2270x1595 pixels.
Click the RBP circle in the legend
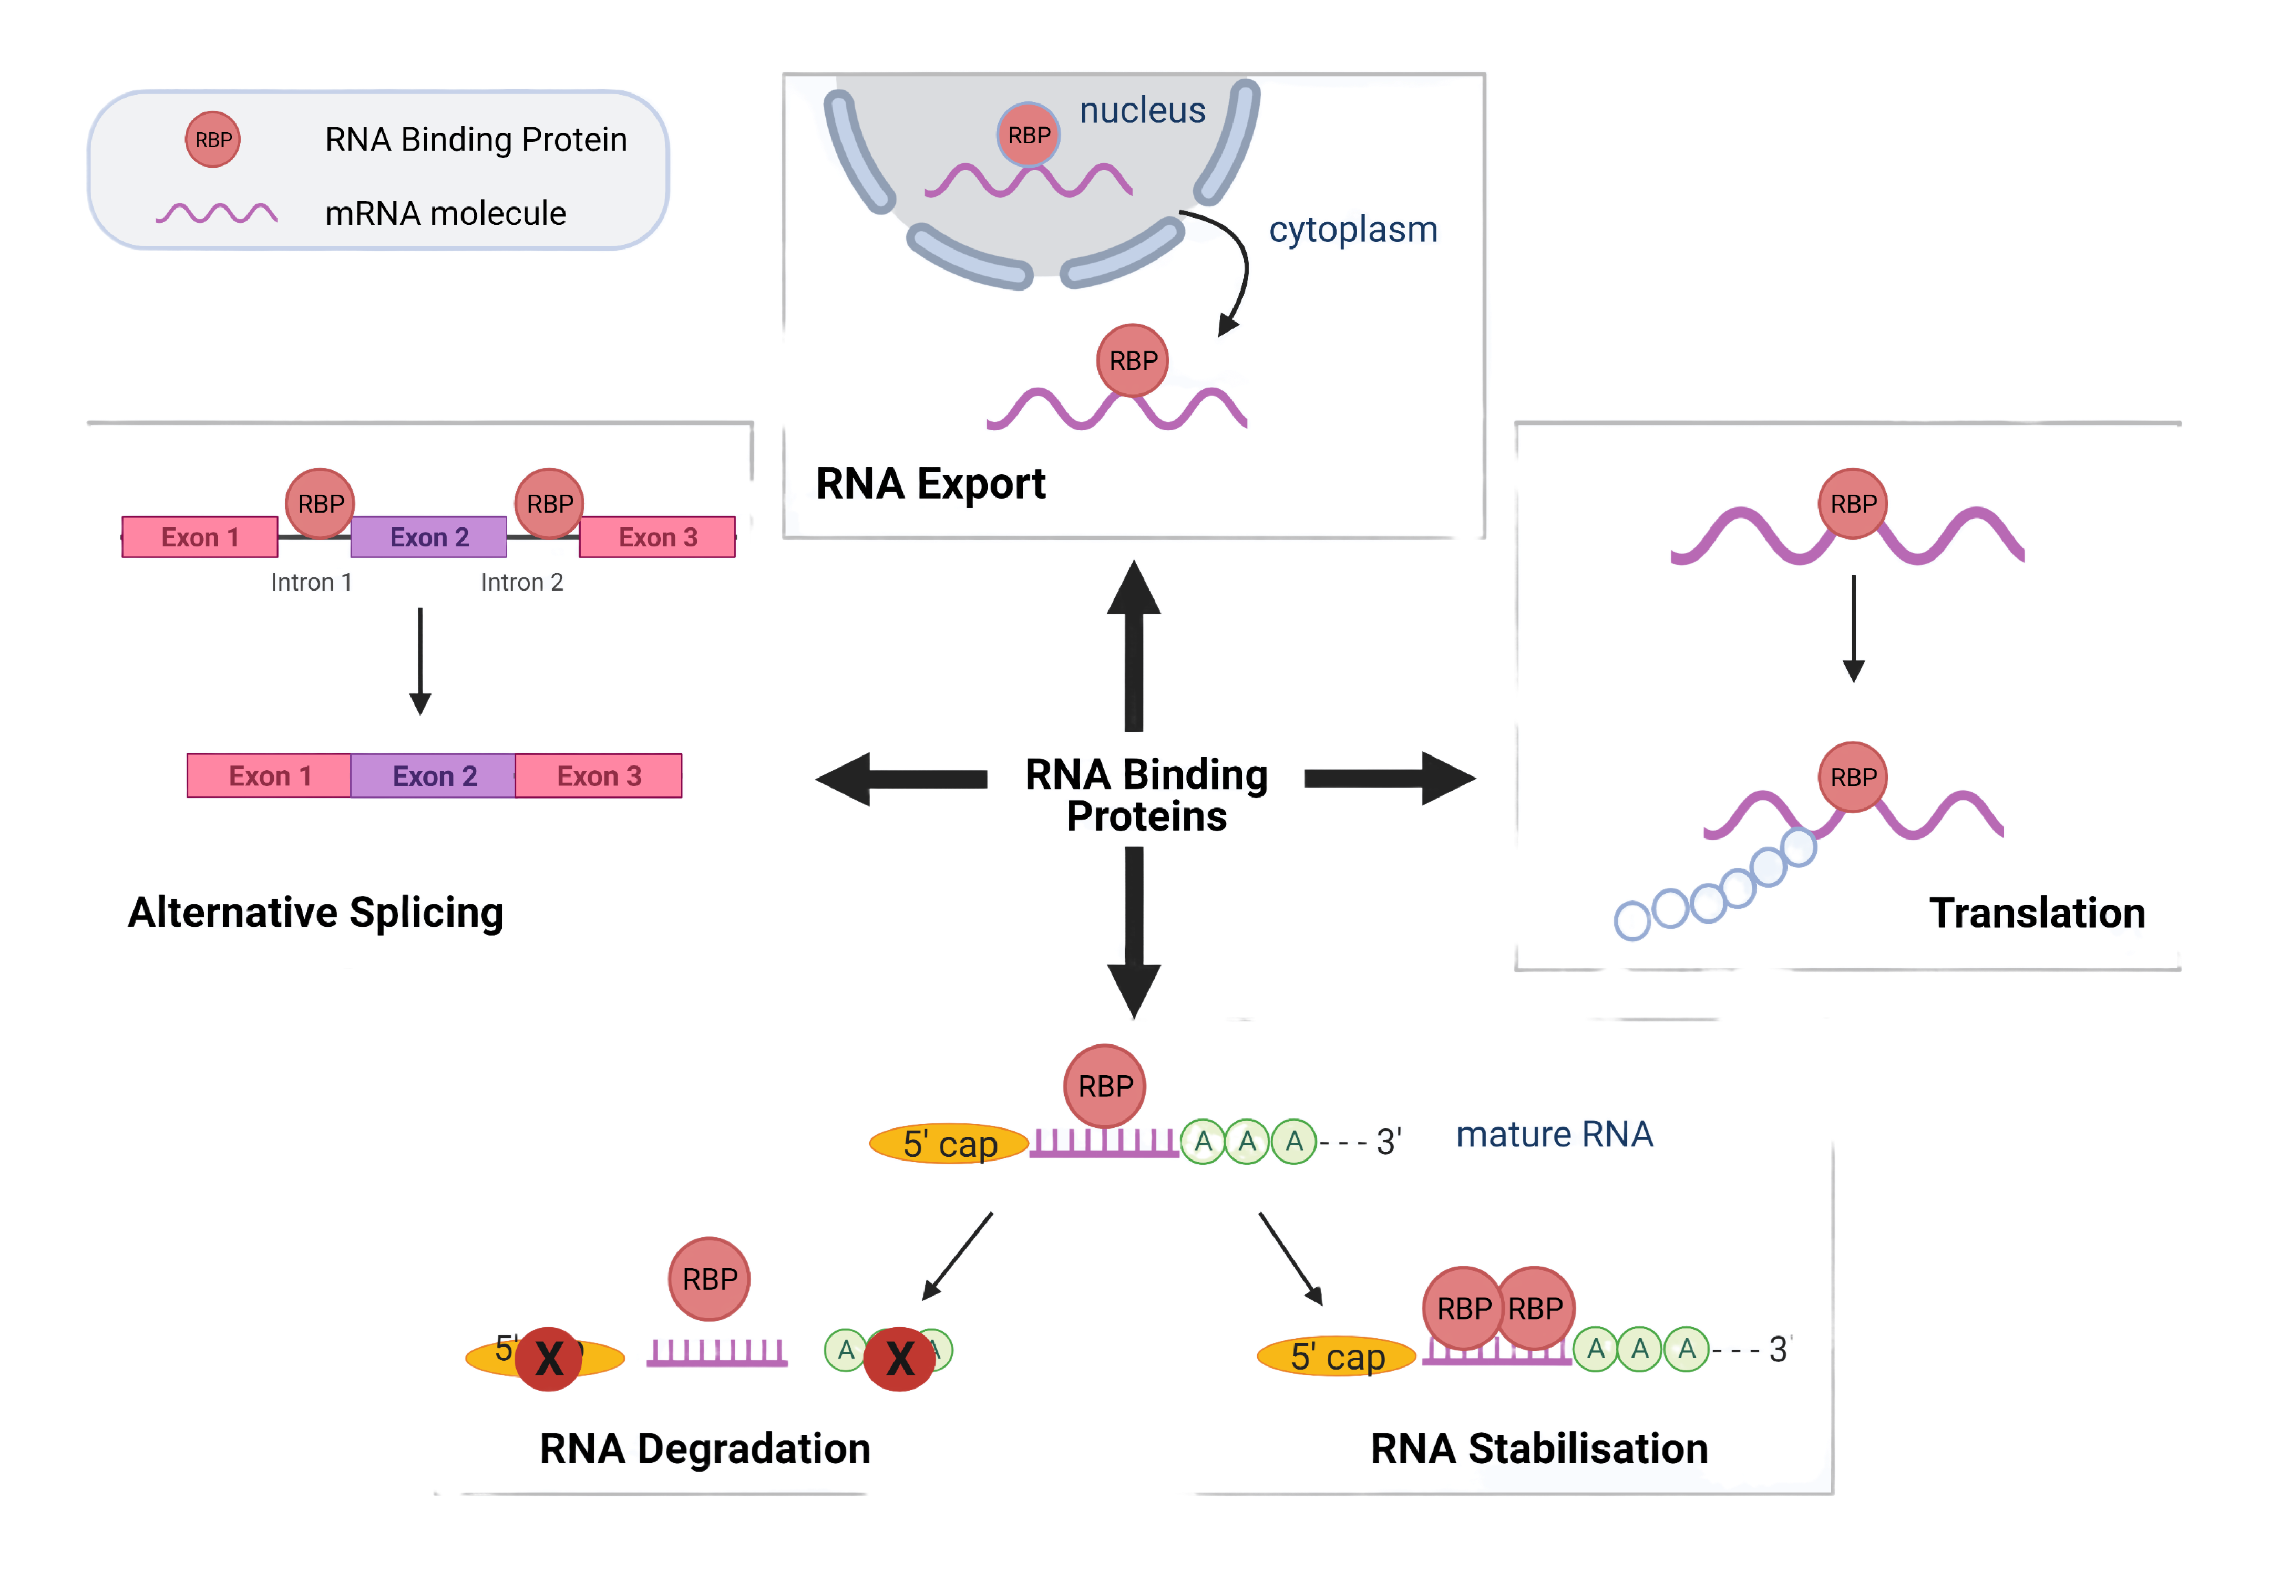pos(212,139)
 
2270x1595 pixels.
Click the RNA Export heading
pos(931,483)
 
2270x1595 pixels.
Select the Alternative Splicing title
pos(316,912)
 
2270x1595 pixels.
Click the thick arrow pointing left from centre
pos(900,779)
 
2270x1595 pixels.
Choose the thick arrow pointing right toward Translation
pos(1389,779)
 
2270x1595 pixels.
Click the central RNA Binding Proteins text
pos(1147,794)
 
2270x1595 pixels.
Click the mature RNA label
pos(1555,1134)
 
